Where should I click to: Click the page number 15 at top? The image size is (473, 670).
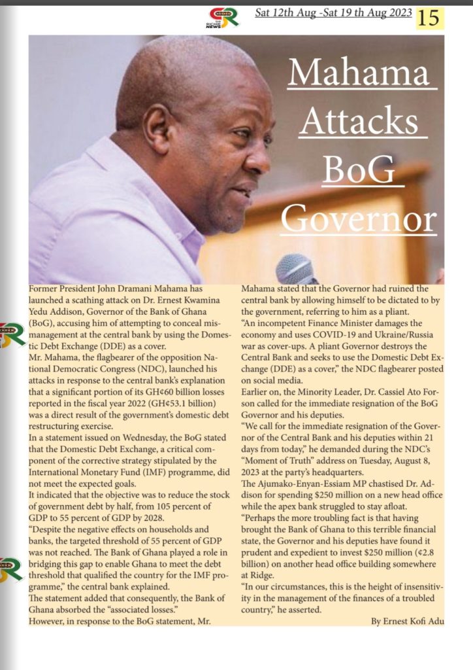430,18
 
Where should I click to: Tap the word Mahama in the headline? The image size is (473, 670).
363,73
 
